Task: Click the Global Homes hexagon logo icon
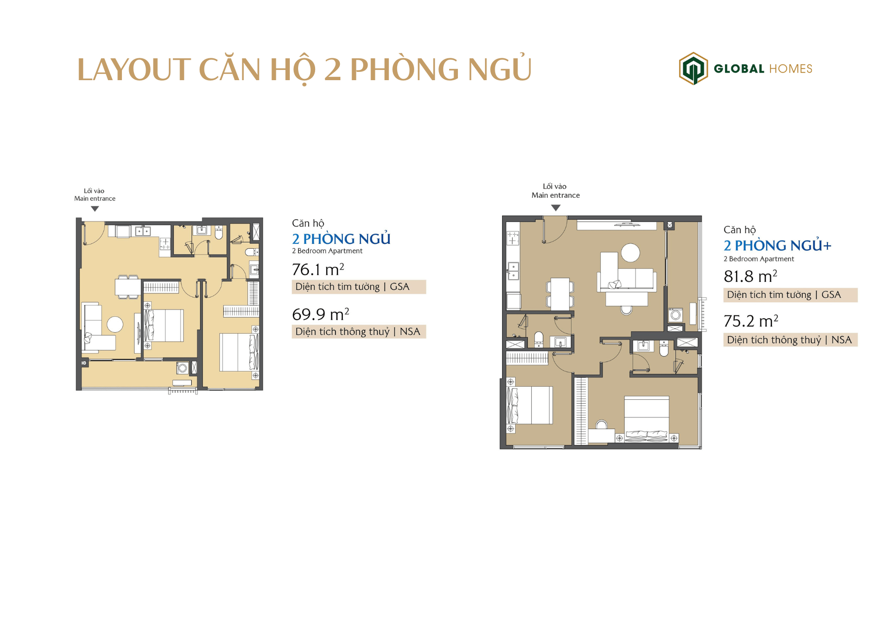coord(693,69)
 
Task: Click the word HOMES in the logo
coord(790,69)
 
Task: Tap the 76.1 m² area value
coord(318,269)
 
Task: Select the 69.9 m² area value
coord(320,314)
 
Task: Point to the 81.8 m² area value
coord(750,276)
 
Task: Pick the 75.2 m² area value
coord(751,321)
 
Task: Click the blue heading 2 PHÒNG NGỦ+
coord(777,245)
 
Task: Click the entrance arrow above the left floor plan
coord(95,209)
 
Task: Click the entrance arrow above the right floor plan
coord(556,207)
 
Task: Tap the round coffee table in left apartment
coord(115,325)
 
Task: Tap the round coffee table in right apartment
coord(630,253)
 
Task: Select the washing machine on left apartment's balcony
coord(183,368)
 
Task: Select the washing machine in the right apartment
coord(675,315)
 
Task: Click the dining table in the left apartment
coord(128,287)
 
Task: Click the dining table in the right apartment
coord(560,293)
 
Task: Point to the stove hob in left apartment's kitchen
coord(165,243)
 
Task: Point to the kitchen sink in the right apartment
coord(513,272)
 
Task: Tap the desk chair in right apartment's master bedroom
coord(601,425)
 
